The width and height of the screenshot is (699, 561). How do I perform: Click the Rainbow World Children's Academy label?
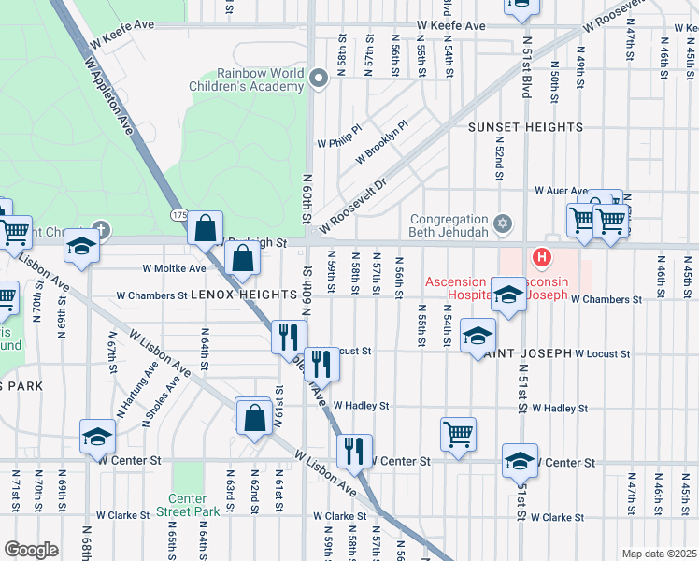point(261,79)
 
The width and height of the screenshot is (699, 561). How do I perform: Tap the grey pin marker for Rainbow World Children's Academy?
point(319,79)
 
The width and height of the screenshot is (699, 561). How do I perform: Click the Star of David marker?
point(503,223)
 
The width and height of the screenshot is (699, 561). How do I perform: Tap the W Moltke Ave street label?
point(174,268)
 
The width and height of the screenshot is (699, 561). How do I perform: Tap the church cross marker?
point(101,228)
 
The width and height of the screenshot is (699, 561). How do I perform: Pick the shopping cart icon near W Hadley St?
point(458,433)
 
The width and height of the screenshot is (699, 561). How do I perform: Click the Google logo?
point(31,550)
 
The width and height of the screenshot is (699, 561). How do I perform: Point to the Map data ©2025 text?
point(659,554)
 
